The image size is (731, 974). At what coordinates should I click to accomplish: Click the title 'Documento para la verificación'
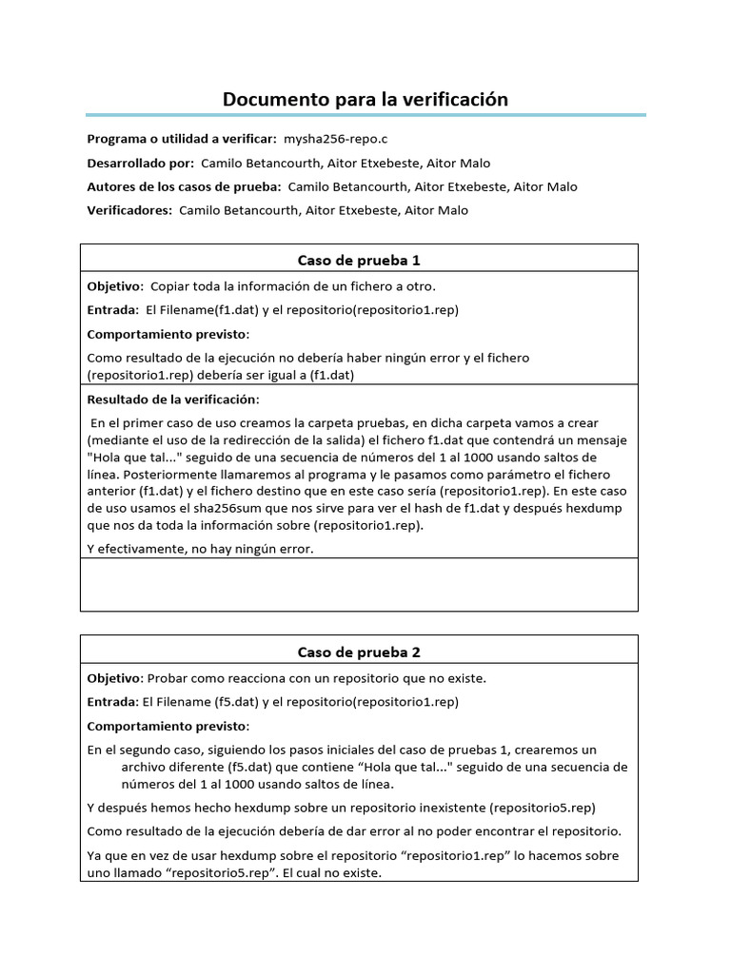click(365, 99)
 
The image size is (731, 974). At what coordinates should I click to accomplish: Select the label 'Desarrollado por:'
click(141, 163)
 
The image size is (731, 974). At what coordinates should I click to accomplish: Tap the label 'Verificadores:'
click(129, 210)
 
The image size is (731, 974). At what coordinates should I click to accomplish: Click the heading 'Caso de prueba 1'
click(359, 260)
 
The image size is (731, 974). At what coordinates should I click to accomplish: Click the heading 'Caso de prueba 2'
click(359, 652)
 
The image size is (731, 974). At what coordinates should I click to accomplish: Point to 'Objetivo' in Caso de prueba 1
click(114, 285)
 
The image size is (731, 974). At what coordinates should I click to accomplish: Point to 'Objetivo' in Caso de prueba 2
click(114, 678)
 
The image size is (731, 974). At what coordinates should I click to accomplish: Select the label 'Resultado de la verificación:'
click(172, 399)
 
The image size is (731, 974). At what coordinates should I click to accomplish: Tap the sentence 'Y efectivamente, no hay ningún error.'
click(200, 549)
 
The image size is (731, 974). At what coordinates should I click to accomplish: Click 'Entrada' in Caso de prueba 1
click(112, 309)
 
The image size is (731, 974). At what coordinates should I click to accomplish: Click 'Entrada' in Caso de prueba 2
click(112, 702)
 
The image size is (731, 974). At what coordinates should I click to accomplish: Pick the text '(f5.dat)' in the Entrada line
click(235, 702)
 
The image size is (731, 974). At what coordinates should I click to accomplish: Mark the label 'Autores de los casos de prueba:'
click(184, 186)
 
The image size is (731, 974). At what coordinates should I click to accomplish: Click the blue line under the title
click(365, 116)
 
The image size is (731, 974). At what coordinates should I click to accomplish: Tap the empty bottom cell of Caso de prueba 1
click(359, 584)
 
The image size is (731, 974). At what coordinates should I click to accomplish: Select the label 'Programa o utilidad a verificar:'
click(182, 139)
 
